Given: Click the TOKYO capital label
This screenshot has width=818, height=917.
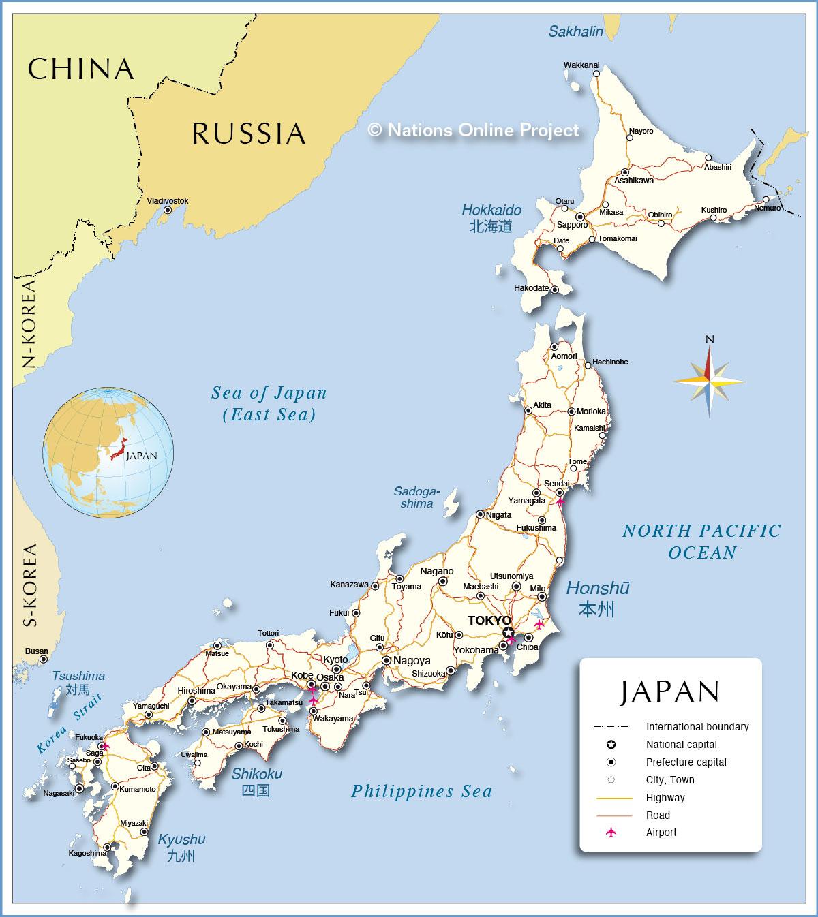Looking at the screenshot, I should [x=489, y=620].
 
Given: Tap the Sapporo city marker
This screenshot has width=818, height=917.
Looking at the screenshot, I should [x=580, y=216].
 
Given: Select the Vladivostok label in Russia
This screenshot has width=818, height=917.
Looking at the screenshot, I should [x=168, y=201].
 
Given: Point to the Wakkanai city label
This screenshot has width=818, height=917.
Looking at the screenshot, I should [x=581, y=65].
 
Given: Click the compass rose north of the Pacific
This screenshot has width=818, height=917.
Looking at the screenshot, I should [x=709, y=380].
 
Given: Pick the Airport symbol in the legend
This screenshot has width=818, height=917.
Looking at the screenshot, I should [x=611, y=832].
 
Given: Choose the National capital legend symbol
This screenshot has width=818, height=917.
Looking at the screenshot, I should [x=611, y=745].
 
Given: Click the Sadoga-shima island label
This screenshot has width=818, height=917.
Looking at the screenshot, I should [x=416, y=497].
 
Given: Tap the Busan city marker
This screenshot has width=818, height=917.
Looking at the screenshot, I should [x=43, y=659].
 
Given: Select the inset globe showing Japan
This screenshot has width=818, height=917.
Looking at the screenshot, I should [x=108, y=452].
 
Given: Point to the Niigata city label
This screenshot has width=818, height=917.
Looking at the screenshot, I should [x=498, y=515].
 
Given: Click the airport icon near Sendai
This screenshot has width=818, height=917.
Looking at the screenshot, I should [x=560, y=502].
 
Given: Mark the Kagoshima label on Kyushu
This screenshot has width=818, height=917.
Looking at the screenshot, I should [x=87, y=853].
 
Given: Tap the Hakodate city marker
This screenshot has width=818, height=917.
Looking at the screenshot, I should [x=554, y=289].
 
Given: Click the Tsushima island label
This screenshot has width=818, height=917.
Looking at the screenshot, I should [x=79, y=676].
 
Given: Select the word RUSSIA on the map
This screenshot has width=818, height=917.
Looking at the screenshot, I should [x=249, y=134].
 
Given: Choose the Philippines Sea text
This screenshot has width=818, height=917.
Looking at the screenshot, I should [x=421, y=791].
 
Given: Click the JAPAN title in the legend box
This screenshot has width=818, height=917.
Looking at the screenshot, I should [x=670, y=691].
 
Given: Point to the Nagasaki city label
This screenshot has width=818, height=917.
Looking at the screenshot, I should [x=58, y=793].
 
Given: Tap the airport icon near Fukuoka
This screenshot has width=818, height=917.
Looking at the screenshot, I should [x=104, y=746].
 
